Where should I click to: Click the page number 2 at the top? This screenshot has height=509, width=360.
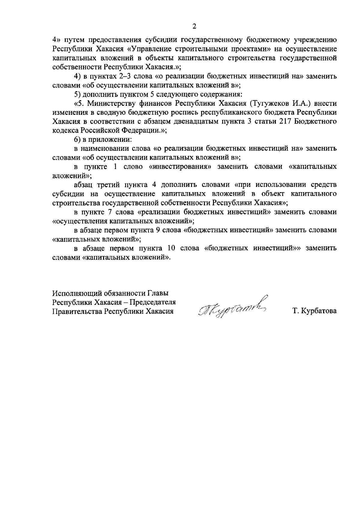194,27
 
